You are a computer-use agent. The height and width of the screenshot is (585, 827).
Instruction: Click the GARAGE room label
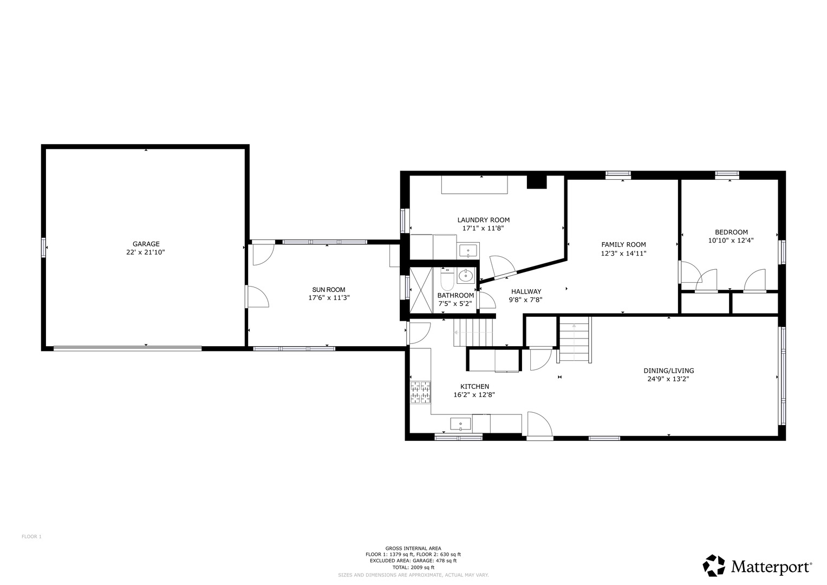pos(146,244)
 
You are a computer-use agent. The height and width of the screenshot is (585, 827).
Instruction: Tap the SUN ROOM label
pos(329,290)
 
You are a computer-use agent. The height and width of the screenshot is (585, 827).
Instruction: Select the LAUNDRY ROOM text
pos(483,220)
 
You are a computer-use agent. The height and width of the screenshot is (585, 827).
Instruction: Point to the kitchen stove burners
pos(420,392)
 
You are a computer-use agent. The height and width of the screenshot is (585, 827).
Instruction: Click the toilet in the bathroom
pos(447,279)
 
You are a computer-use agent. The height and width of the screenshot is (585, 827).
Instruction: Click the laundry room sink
pos(468,251)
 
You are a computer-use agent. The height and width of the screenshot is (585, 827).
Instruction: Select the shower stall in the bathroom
pos(421,290)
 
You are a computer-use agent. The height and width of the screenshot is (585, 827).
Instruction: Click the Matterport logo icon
pos(714,565)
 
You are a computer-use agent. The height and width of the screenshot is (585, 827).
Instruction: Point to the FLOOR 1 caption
pos(32,537)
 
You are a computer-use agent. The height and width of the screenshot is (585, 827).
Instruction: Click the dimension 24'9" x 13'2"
pos(668,379)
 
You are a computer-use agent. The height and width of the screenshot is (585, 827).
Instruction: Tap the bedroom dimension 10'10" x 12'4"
pos(731,240)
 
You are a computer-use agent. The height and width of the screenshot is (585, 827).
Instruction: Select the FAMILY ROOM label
pos(623,244)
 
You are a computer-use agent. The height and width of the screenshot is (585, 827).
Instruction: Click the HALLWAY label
pos(526,291)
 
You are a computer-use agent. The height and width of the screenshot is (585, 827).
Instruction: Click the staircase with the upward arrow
pos(575,340)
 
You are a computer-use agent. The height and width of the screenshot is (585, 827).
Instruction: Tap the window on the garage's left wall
pos(43,248)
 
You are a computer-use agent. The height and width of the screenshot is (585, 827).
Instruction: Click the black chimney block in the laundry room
pos(537,182)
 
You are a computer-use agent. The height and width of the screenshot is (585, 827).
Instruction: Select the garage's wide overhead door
pos(128,348)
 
